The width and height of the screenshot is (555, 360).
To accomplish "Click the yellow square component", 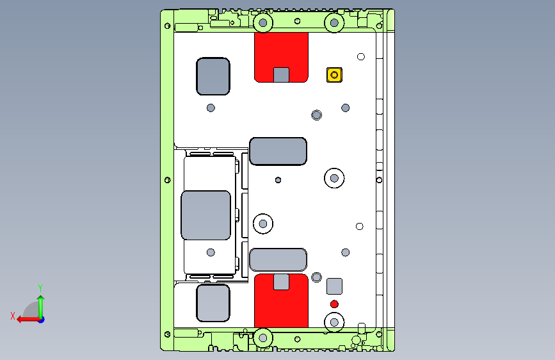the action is point(334,75).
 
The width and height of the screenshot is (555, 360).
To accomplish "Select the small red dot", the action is point(334,304).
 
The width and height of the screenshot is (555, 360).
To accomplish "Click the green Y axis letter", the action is point(40,288).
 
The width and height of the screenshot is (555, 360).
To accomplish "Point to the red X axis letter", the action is point(13,316).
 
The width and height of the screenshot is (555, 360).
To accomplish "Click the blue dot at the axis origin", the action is point(42,320).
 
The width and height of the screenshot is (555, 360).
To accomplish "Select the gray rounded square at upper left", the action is point(213,76).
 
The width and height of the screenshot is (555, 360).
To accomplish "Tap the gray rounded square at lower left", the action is point(213,303).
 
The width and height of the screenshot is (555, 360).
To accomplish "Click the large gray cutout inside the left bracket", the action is point(205,215).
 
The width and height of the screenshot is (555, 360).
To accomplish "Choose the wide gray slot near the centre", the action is point(278,151).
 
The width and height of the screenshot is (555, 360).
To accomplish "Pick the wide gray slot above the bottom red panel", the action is point(278,259).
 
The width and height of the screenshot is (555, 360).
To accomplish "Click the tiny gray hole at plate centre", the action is point(278,180).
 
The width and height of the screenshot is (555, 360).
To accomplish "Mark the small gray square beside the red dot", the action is point(334,286).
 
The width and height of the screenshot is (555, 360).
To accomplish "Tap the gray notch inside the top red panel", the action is point(281,75).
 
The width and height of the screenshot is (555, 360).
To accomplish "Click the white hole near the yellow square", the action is point(360,57).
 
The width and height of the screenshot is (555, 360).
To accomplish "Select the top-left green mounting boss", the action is point(263,23).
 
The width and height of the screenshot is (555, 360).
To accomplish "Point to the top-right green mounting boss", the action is point(334,23).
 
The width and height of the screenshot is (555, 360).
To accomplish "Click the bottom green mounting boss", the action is point(263,338).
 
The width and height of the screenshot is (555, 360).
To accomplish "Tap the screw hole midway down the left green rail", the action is point(168,180).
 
